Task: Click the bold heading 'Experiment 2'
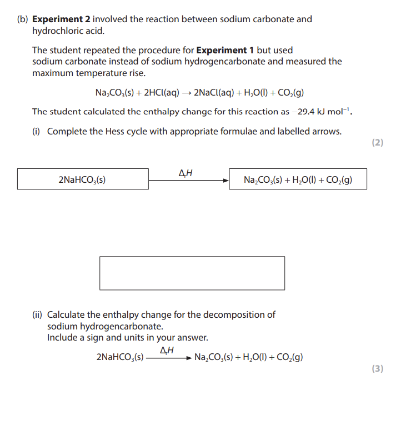click(60, 19)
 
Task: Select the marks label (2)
click(377, 143)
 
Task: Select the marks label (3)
click(377, 368)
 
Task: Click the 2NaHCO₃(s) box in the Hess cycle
click(83, 179)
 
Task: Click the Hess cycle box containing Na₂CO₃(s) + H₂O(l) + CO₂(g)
click(298, 179)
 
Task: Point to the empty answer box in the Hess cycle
click(192, 273)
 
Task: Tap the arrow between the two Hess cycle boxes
click(189, 180)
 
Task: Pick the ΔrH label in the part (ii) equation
click(167, 350)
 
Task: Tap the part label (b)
click(22, 19)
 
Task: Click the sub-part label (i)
click(37, 132)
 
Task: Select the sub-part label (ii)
click(38, 315)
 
